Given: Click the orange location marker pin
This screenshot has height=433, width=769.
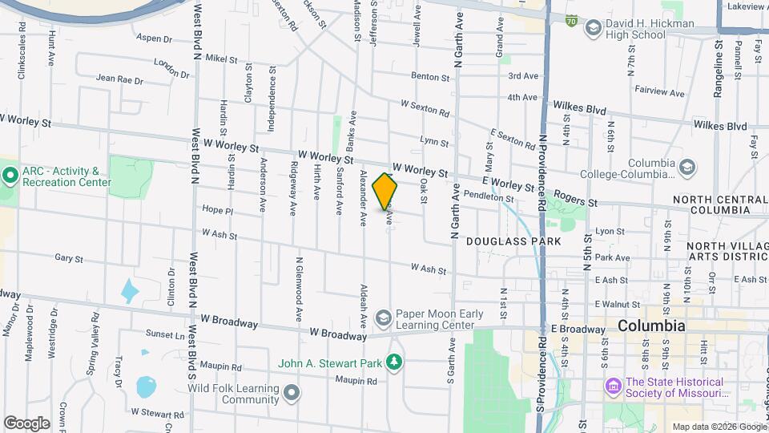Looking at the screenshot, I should coord(385,191).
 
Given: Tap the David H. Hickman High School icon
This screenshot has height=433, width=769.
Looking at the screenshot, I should coord(594,29).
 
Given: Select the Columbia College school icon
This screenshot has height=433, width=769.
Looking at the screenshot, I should coord(686,167).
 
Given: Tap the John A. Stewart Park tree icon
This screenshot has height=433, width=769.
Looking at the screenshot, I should coord(393,363).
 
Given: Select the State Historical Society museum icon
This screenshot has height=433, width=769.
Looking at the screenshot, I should coord(614,387).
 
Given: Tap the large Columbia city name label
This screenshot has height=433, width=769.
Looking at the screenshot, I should coord(651,326).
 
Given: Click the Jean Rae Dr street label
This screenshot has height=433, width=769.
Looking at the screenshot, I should coord(119,80).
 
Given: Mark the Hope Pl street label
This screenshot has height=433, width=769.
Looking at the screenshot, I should coord(217,211).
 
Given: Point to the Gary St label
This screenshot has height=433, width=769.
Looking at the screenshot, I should coord(70,259).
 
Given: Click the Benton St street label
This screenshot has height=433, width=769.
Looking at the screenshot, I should coord(430,77).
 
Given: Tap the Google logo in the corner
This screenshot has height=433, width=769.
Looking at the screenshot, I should coord(26,423).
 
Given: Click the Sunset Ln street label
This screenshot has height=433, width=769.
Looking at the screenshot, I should coord(164,333).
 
